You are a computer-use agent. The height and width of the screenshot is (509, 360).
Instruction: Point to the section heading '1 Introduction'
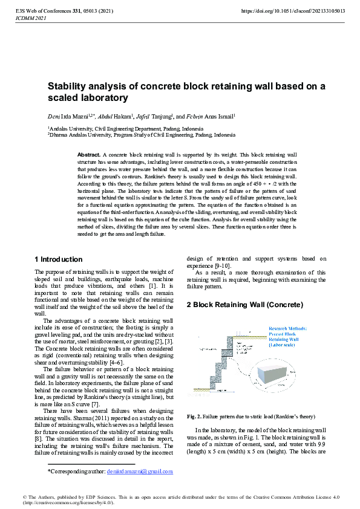tap(59, 259)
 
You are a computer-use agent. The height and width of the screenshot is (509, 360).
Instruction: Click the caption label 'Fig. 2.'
tap(194, 417)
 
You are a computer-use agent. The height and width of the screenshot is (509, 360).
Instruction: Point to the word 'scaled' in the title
tap(63, 97)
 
